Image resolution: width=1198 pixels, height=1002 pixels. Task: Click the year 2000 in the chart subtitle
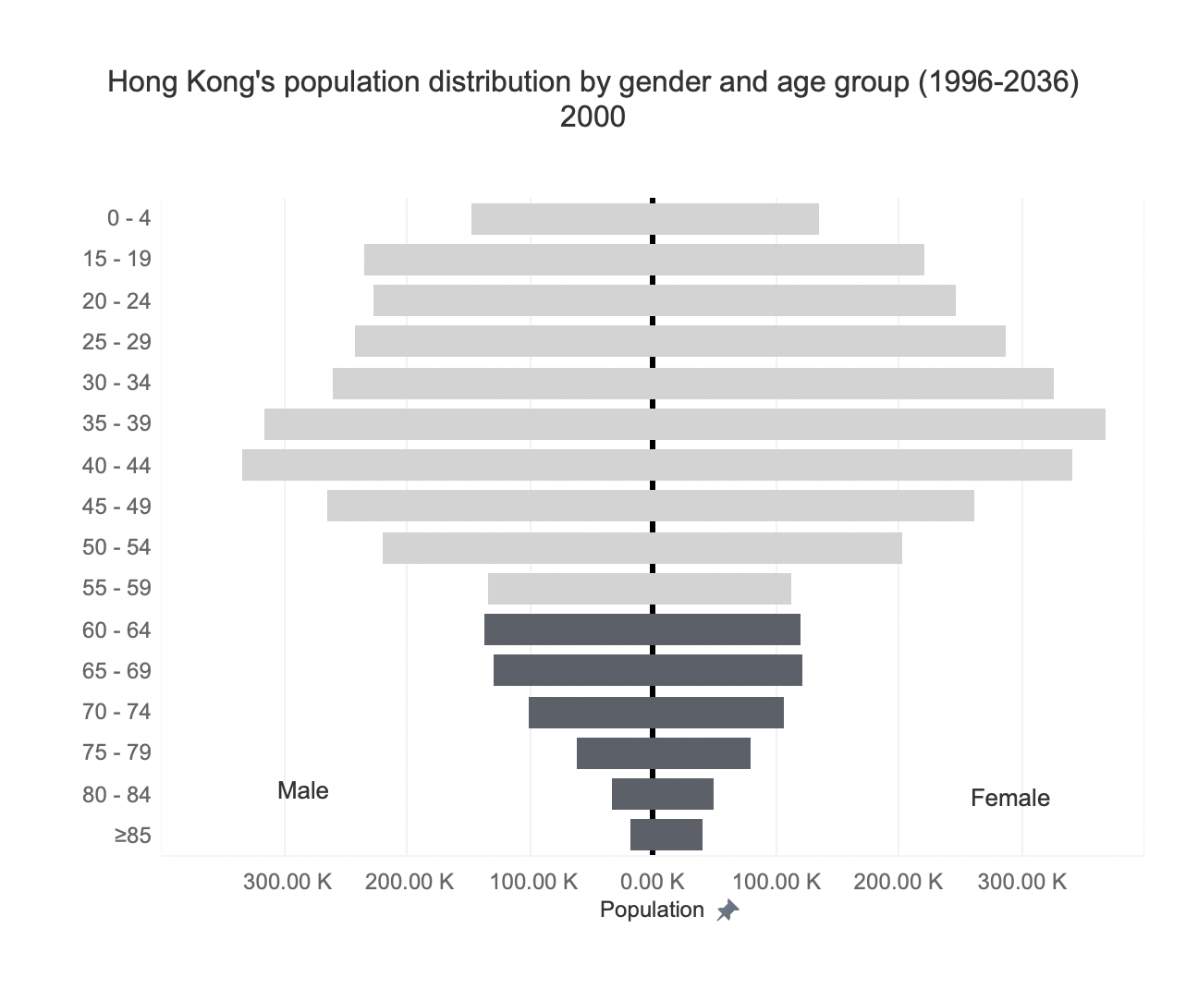(x=593, y=117)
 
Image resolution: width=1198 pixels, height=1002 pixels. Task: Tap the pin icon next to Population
(x=728, y=910)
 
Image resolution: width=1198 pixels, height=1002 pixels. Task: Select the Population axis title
(x=652, y=910)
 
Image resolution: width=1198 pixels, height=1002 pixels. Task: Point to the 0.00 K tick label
(x=653, y=881)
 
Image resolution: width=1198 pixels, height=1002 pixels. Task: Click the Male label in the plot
(x=303, y=790)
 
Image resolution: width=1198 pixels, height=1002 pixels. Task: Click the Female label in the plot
(x=1009, y=798)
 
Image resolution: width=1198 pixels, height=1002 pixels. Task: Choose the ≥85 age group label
(x=132, y=836)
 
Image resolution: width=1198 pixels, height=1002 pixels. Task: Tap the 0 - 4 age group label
(x=128, y=218)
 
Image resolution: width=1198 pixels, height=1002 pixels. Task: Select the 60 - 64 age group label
(x=116, y=629)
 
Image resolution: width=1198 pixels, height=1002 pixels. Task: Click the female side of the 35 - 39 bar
(x=878, y=424)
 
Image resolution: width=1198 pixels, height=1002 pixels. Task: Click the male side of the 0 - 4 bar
(x=562, y=219)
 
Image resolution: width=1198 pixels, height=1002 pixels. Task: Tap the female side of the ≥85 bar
(x=678, y=835)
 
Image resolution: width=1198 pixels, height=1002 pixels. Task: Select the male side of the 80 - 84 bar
(x=632, y=794)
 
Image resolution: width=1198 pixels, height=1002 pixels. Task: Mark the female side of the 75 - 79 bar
(x=703, y=753)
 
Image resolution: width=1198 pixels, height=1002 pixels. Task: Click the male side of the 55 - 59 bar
(x=570, y=589)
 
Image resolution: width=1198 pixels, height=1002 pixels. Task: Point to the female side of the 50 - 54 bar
(x=777, y=548)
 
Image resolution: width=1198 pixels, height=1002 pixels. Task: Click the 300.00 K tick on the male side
(x=287, y=881)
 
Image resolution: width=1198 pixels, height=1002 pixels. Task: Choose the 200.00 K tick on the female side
(x=898, y=881)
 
